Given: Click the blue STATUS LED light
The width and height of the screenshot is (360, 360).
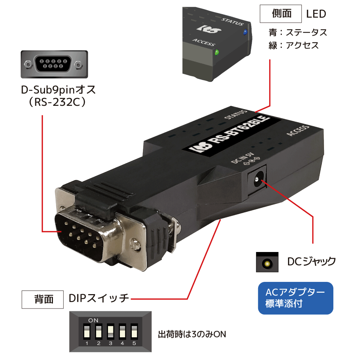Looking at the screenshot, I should click(x=245, y=32).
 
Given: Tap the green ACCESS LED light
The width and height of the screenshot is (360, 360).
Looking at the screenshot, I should click(x=217, y=53).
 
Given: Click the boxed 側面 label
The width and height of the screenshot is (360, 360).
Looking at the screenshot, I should click(x=281, y=14).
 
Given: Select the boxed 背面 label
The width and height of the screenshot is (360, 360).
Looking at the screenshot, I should click(x=43, y=299).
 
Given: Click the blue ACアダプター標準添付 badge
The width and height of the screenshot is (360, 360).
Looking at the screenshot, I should click(x=296, y=298).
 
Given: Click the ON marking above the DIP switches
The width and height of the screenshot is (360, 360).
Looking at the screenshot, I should click(x=93, y=320).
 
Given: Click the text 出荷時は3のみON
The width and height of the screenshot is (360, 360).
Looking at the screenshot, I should click(x=192, y=334).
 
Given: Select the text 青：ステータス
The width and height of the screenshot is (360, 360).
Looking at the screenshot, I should click(x=298, y=32).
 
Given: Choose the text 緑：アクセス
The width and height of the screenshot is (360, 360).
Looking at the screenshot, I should click(x=293, y=46).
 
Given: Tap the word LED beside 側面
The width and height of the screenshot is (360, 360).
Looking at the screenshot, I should click(x=316, y=14).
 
